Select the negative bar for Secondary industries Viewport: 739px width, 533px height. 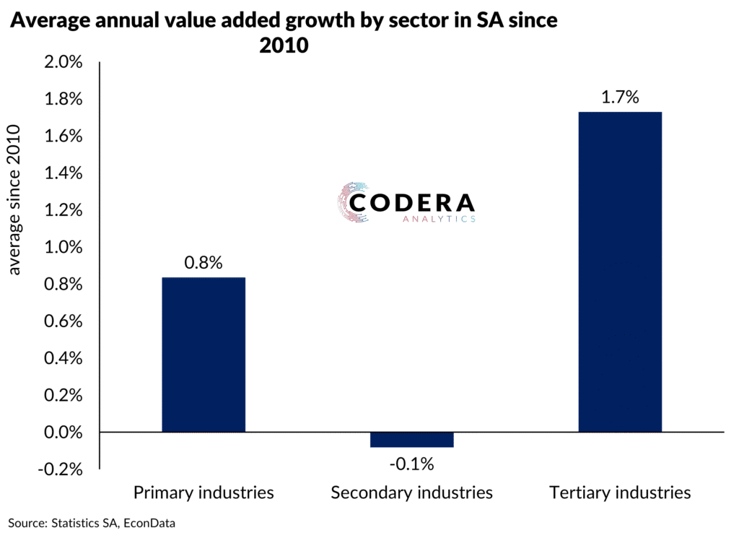point(412,440)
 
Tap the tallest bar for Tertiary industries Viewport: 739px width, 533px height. point(620,272)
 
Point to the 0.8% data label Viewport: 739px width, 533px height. point(204,264)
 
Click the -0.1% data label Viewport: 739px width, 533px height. point(412,464)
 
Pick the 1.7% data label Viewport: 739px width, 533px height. point(620,97)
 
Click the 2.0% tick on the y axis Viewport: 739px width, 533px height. point(63,62)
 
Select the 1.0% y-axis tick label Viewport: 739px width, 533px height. point(63,248)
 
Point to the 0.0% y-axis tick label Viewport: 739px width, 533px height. point(63,433)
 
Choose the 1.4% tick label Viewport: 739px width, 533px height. point(63,173)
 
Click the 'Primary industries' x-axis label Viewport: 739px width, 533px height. point(204,493)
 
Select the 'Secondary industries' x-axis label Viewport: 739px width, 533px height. point(412,493)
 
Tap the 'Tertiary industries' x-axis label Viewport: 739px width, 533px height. point(620,493)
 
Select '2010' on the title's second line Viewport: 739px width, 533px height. point(284,45)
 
